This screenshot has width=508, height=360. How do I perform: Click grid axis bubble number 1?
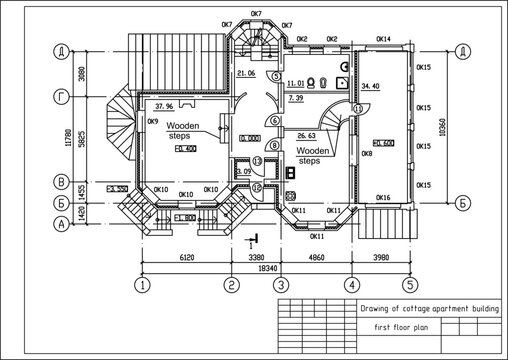143,285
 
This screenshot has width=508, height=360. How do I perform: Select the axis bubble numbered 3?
281,285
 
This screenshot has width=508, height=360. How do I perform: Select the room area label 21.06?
247,73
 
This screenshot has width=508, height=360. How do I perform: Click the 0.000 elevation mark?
249,141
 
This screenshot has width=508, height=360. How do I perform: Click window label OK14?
382,40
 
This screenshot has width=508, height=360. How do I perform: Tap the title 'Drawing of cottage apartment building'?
428,310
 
